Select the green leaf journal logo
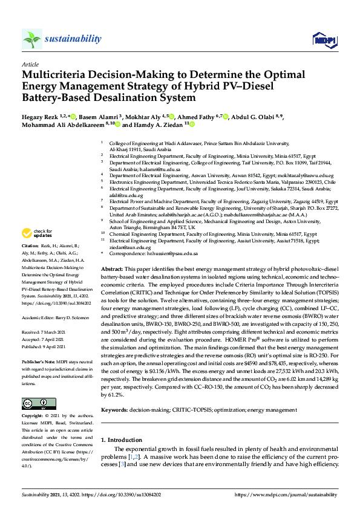32,40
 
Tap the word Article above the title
30,64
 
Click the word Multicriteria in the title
57,76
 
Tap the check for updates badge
38,233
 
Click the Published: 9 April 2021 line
47,346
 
